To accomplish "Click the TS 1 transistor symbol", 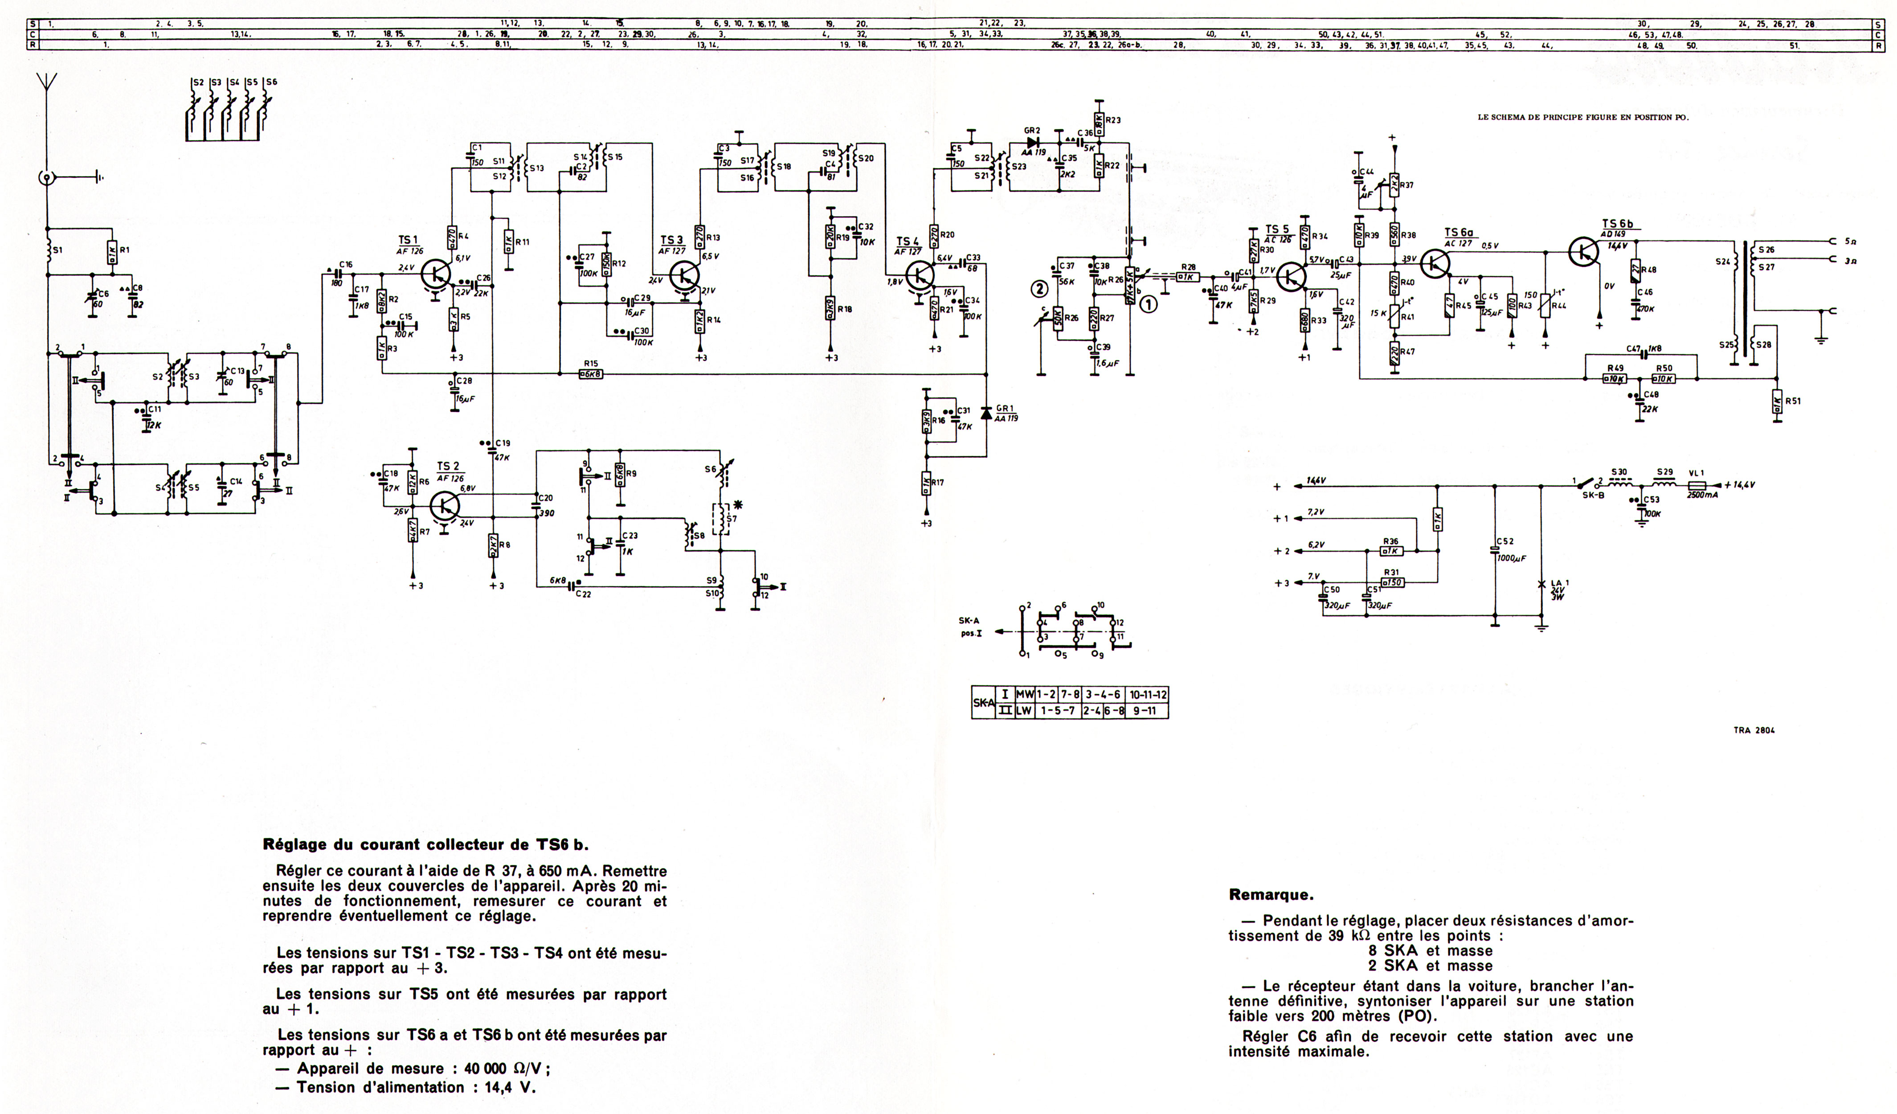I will [x=435, y=275].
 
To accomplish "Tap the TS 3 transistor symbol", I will [x=683, y=275].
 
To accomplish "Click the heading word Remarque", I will [x=1271, y=895].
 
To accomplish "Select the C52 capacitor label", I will [x=1505, y=541].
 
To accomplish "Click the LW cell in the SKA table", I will [x=1024, y=710].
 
